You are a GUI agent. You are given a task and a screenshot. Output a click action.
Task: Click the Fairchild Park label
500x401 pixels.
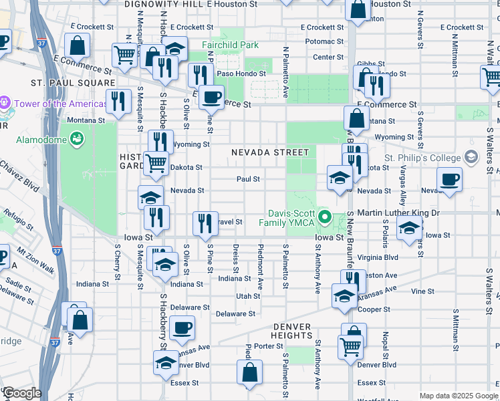tap(230, 45)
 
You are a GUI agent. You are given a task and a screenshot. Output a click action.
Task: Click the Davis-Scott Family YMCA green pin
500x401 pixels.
tap(326, 216)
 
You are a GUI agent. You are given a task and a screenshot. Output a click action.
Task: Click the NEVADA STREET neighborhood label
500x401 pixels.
tap(270, 152)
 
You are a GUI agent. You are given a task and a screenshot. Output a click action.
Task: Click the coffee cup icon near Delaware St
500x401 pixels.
tap(182, 327)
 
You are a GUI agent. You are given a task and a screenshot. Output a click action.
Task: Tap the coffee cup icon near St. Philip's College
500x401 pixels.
tap(449, 178)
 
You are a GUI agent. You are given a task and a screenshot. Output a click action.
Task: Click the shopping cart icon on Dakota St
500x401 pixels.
tap(156, 162)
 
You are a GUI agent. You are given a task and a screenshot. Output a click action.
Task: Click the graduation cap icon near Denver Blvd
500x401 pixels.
tap(165, 362)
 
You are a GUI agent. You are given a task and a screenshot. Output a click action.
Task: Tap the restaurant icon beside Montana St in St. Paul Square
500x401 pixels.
tap(118, 101)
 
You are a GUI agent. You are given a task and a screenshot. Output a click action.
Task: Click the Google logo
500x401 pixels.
tap(22, 393)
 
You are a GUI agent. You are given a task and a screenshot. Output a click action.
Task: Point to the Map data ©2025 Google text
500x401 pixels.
tap(458, 396)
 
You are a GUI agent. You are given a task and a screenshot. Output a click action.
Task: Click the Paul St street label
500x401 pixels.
tap(248, 179)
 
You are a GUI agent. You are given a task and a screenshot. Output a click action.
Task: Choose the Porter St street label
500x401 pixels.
tap(269, 346)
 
